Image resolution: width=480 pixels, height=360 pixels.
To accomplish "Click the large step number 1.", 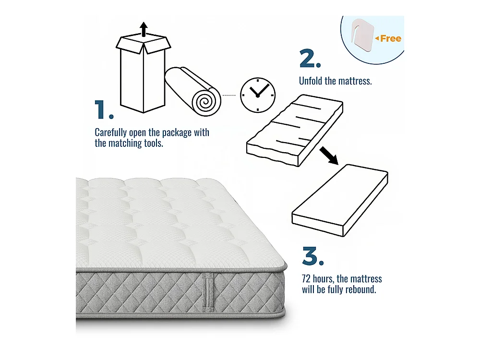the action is pyautogui.click(x=104, y=109).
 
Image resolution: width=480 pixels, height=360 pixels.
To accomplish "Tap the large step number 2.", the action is pyautogui.click(x=310, y=59).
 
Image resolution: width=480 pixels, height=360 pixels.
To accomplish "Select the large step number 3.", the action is pyautogui.click(x=313, y=256).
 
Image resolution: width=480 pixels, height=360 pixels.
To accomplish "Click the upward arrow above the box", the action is pyautogui.click(x=144, y=29).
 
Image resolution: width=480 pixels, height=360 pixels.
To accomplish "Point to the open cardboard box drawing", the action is pyautogui.click(x=143, y=73).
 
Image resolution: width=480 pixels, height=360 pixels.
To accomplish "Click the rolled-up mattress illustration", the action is pyautogui.click(x=193, y=91).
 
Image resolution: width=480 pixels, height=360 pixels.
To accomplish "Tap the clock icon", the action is pyautogui.click(x=258, y=95).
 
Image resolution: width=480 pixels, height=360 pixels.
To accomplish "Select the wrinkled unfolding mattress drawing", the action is pyautogui.click(x=295, y=131).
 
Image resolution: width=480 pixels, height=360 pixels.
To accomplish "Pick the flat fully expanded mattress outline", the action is pyautogui.click(x=340, y=201).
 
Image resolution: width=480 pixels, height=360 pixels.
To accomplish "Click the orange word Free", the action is pyautogui.click(x=391, y=38).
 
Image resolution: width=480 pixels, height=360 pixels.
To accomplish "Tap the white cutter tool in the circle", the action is pyautogui.click(x=362, y=35).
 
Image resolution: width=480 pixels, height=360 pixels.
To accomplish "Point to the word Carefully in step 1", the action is pyautogui.click(x=111, y=133).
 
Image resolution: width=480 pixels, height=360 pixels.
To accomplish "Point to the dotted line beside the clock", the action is pyautogui.click(x=228, y=95).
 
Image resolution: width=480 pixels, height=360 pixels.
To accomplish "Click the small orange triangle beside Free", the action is pyautogui.click(x=377, y=38).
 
